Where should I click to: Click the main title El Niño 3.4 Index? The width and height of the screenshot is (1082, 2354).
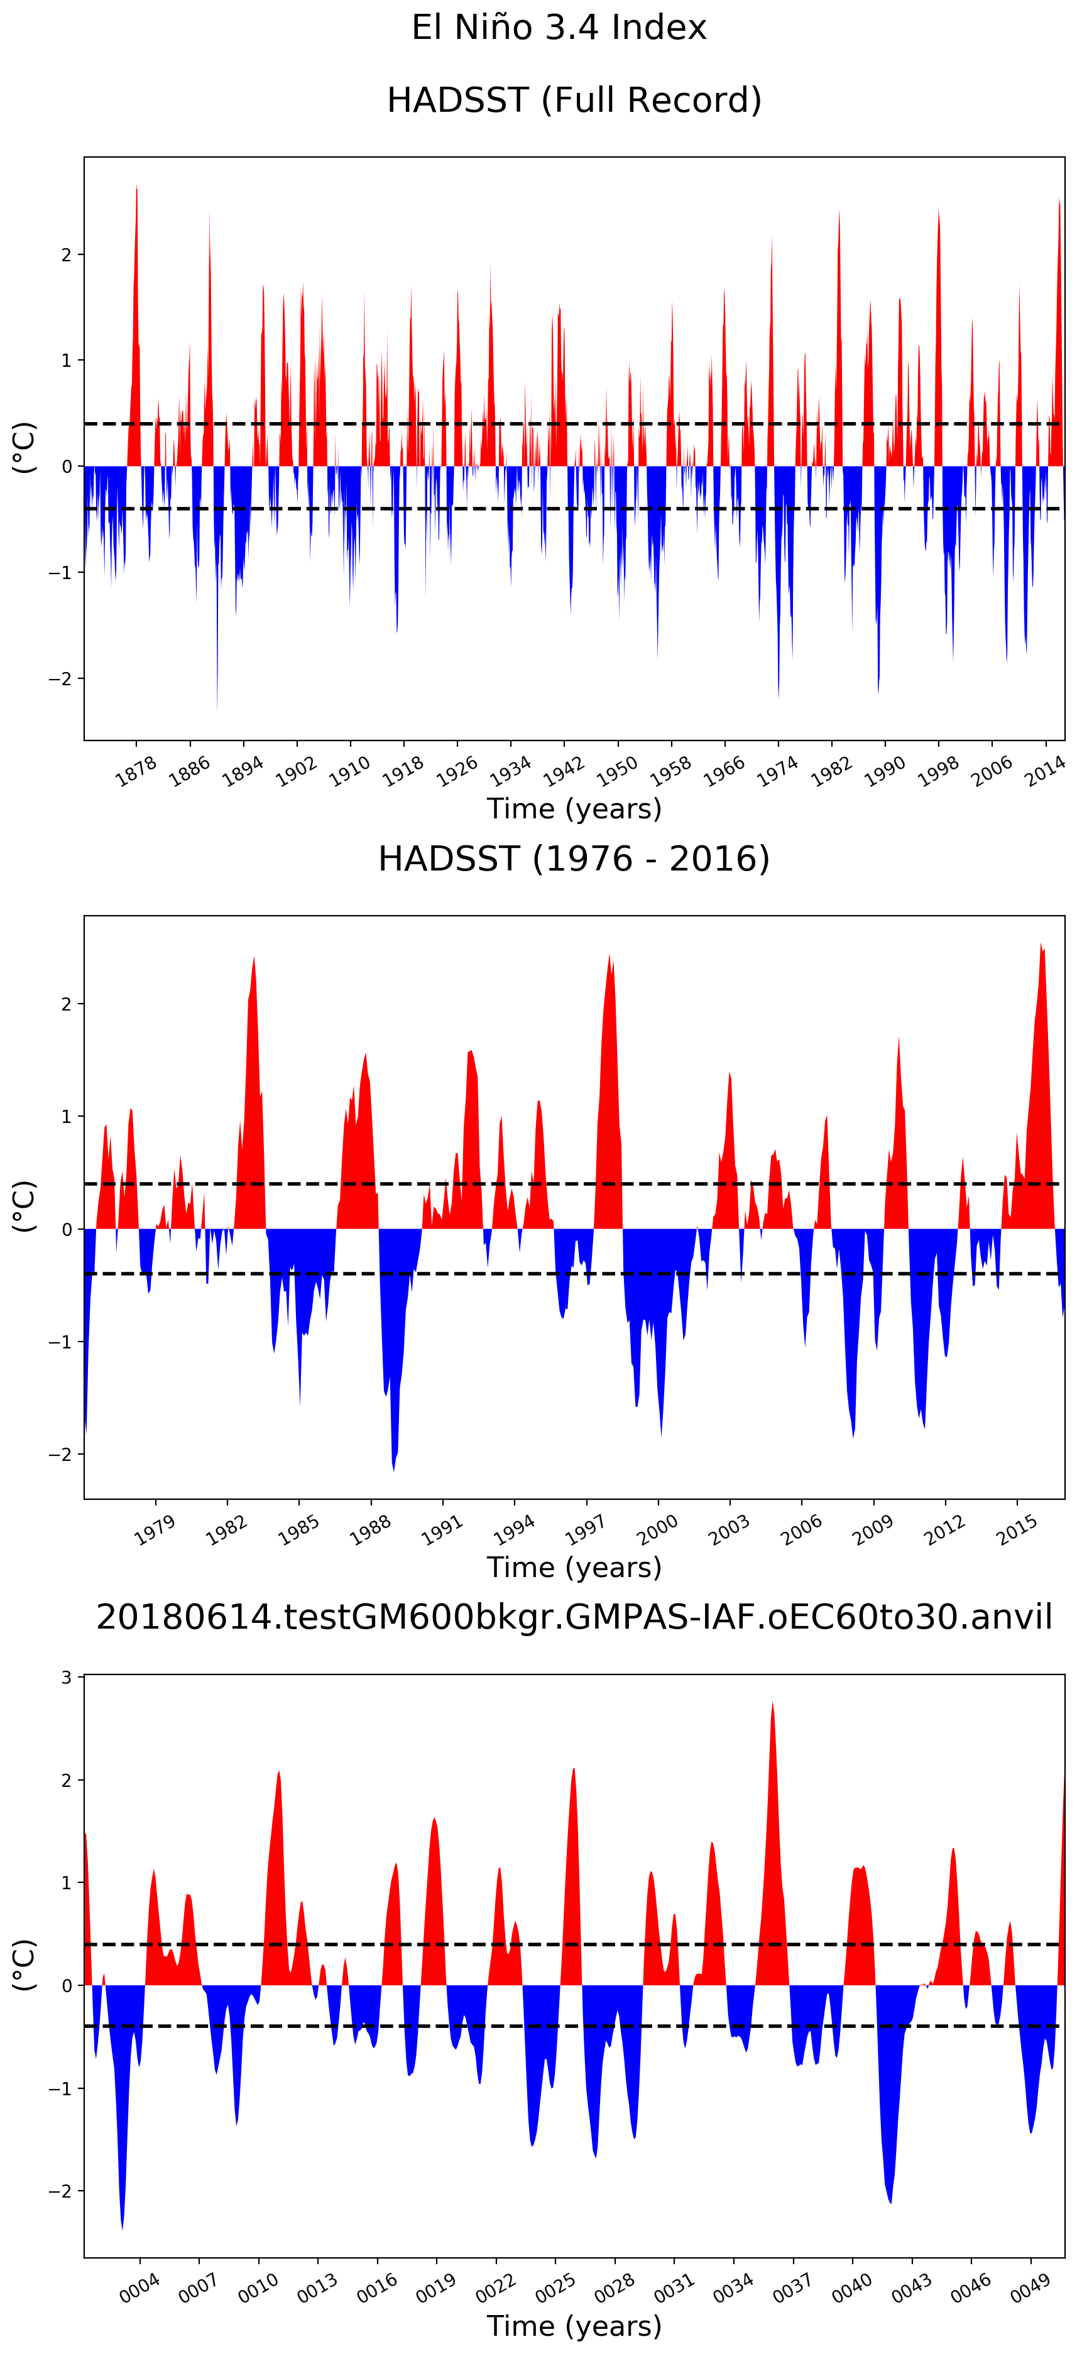(559, 28)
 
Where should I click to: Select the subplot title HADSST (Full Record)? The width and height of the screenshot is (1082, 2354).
(574, 100)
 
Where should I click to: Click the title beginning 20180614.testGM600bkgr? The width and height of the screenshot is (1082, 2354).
(574, 1617)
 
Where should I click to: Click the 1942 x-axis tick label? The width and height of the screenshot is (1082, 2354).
(563, 771)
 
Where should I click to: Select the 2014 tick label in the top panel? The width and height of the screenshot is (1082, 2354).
(1044, 771)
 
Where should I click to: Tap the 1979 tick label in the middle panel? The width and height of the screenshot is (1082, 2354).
(155, 1530)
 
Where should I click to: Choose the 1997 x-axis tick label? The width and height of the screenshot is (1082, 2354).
(586, 1530)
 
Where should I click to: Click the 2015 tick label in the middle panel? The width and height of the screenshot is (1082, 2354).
(1017, 1530)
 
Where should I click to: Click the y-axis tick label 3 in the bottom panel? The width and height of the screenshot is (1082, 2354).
(67, 1678)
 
